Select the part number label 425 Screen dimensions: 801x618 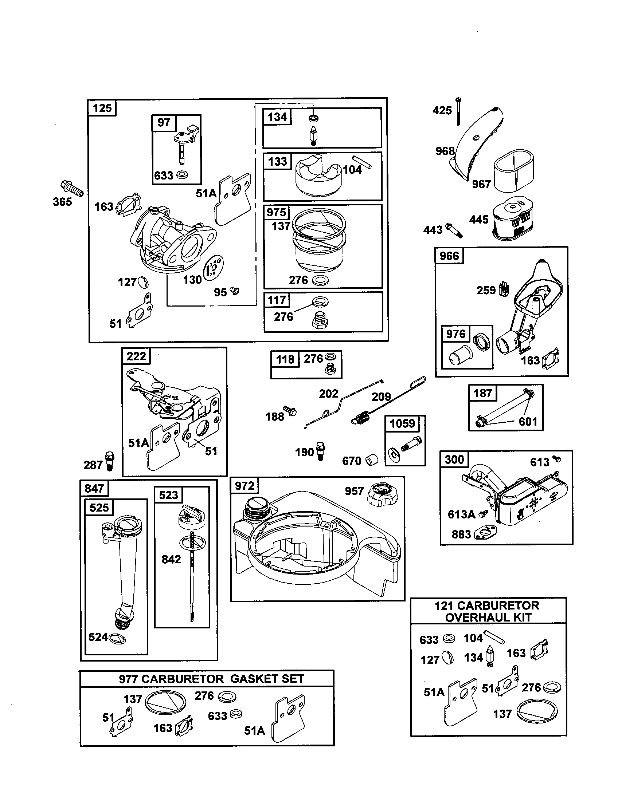click(442, 110)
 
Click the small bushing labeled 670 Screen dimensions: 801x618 click(372, 459)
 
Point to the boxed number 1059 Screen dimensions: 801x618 click(402, 423)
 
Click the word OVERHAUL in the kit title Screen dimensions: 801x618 click(488, 617)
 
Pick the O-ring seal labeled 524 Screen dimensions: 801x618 click(117, 639)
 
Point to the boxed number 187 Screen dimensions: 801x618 click(482, 393)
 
